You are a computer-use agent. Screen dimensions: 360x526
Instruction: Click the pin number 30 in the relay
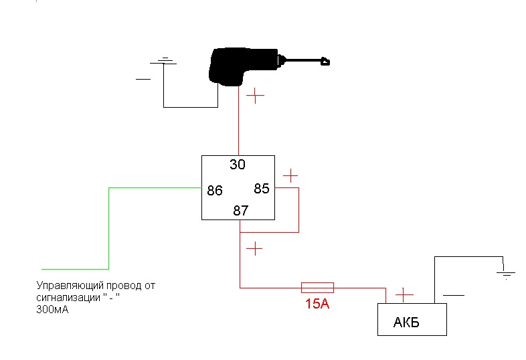coord(238,165)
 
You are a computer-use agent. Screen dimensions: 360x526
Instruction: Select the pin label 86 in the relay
coord(215,191)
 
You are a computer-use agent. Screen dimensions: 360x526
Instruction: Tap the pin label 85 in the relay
coord(261,189)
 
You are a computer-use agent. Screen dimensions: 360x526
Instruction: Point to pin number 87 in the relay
coord(240,211)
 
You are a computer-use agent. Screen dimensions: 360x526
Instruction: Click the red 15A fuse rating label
coord(317,304)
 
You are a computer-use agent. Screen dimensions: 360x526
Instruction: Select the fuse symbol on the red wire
coord(317,288)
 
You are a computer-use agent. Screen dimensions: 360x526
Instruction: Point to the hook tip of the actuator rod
coord(326,63)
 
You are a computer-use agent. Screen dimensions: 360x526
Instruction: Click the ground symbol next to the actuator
coord(164,62)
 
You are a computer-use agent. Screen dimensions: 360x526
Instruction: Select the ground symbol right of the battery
coord(506,273)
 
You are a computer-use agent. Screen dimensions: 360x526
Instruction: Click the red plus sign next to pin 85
coord(290,176)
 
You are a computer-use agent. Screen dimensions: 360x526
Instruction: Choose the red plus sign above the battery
coord(404,294)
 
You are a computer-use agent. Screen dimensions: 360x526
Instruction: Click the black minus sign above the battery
coord(453,294)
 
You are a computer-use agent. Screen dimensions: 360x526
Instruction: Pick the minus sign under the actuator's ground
coord(143,79)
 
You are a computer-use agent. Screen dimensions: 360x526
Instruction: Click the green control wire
coord(108,228)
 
